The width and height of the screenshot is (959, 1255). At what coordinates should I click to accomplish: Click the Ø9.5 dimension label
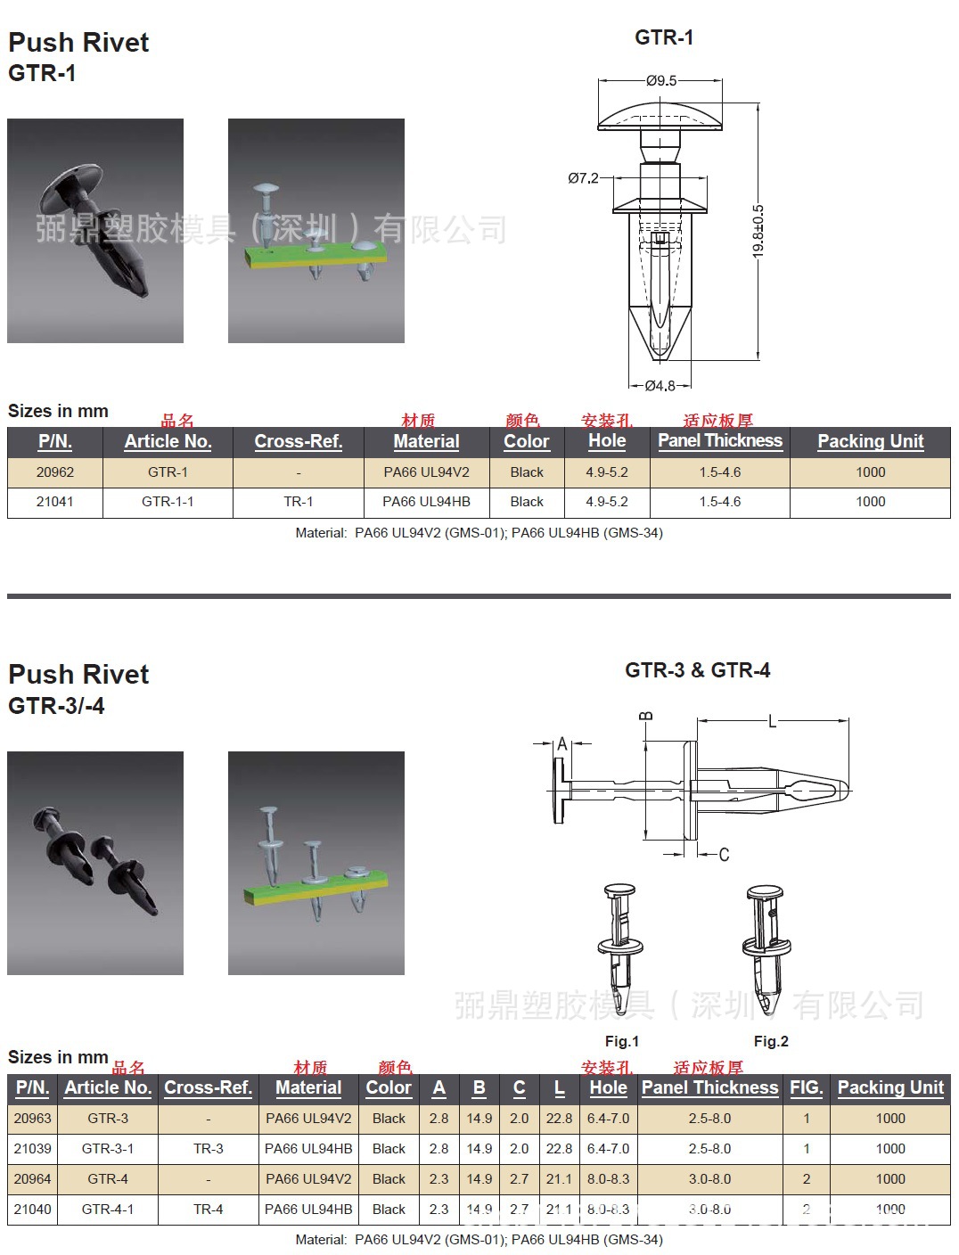661,80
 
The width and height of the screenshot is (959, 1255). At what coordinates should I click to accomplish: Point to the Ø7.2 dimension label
583,178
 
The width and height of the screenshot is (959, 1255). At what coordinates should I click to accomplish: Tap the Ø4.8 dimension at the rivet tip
660,386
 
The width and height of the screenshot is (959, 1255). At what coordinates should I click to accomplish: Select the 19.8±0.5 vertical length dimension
758,232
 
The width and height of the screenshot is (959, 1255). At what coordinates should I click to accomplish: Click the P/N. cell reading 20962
55,472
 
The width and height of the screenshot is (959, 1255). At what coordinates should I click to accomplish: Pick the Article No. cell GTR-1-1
168,502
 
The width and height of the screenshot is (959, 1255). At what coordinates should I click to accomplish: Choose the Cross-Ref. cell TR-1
299,502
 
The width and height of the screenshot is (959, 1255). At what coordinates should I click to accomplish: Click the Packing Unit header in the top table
870,441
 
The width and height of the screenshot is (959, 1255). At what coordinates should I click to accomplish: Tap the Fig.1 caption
622,1041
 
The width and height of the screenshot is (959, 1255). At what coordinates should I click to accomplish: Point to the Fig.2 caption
771,1041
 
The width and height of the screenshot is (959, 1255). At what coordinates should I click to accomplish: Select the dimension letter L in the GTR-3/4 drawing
772,721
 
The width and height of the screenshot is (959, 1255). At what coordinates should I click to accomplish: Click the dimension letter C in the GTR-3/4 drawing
724,855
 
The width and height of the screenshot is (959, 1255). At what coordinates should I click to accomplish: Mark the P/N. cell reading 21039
33,1149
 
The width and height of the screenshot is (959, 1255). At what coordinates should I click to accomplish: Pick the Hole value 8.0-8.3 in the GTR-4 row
608,1179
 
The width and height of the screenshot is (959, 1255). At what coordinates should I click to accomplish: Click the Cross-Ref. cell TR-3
209,1149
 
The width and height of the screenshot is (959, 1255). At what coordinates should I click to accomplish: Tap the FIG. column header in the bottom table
807,1087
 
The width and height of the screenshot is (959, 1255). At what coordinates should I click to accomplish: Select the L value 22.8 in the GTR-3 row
559,1119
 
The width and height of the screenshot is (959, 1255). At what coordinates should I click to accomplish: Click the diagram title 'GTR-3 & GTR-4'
698,670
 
